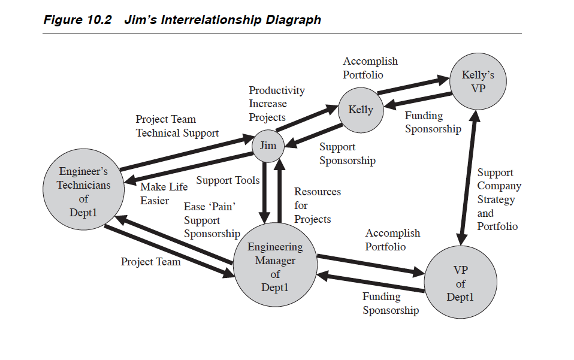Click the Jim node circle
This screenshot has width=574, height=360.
268,146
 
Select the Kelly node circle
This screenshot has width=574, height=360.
361,110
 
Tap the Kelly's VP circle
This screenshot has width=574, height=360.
478,81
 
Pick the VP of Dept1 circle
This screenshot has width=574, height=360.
461,282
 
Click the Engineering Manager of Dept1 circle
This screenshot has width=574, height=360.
275,265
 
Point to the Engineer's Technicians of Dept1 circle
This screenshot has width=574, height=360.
83,189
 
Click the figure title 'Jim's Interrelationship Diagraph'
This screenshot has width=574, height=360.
222,19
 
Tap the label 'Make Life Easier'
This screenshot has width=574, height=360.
164,193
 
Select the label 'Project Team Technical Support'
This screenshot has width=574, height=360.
177,126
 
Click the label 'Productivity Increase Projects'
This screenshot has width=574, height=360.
277,104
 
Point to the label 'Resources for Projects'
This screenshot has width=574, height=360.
318,205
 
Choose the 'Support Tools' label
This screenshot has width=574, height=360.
228,180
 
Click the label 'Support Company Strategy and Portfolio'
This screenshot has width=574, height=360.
499,199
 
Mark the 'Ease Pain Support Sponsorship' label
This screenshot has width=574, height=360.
212,220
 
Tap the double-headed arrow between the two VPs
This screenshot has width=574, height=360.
468,178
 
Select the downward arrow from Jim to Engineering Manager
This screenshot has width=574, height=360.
264,192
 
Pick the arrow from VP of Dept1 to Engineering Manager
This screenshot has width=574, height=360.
371,282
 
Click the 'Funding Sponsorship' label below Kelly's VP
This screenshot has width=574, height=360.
433,122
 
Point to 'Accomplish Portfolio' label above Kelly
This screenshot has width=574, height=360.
370,68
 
